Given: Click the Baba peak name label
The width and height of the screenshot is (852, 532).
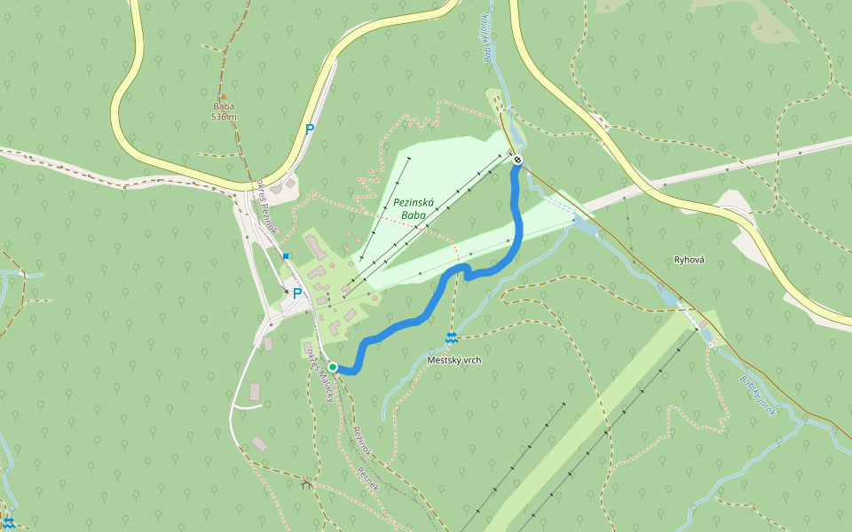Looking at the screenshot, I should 223,106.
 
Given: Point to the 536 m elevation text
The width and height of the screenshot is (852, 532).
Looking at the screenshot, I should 224,117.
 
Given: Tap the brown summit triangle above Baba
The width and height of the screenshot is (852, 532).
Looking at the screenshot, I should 223,96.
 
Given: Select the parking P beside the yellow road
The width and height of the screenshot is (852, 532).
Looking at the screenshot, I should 309,129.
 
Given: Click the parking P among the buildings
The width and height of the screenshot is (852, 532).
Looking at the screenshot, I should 297,293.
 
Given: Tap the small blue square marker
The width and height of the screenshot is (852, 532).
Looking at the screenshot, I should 286,256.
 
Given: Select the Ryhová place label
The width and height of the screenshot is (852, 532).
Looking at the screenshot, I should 689,260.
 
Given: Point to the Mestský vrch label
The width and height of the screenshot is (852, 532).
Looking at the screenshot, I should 454,360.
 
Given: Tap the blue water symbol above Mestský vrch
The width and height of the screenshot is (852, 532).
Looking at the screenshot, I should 452,338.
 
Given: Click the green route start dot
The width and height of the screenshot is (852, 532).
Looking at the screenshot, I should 332,367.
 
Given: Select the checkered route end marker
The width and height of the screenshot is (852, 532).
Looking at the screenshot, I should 517,160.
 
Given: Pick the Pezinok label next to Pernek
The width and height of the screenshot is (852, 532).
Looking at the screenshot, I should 360,441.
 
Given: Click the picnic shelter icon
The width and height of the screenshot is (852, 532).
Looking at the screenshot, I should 307,483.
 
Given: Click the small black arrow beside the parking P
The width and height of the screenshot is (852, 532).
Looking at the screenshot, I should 286,289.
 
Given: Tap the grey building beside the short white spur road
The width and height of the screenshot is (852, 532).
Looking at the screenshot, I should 255,391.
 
